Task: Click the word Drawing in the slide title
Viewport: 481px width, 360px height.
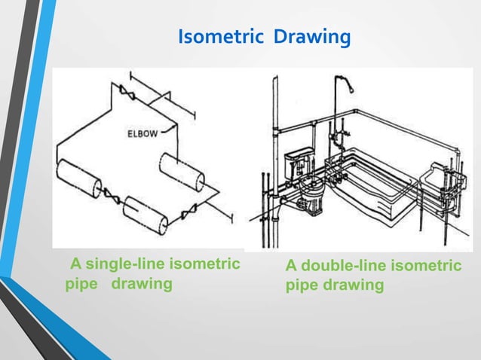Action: [312, 36]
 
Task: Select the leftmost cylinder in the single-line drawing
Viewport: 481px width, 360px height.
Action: [80, 178]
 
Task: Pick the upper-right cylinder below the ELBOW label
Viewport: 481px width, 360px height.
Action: [182, 171]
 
